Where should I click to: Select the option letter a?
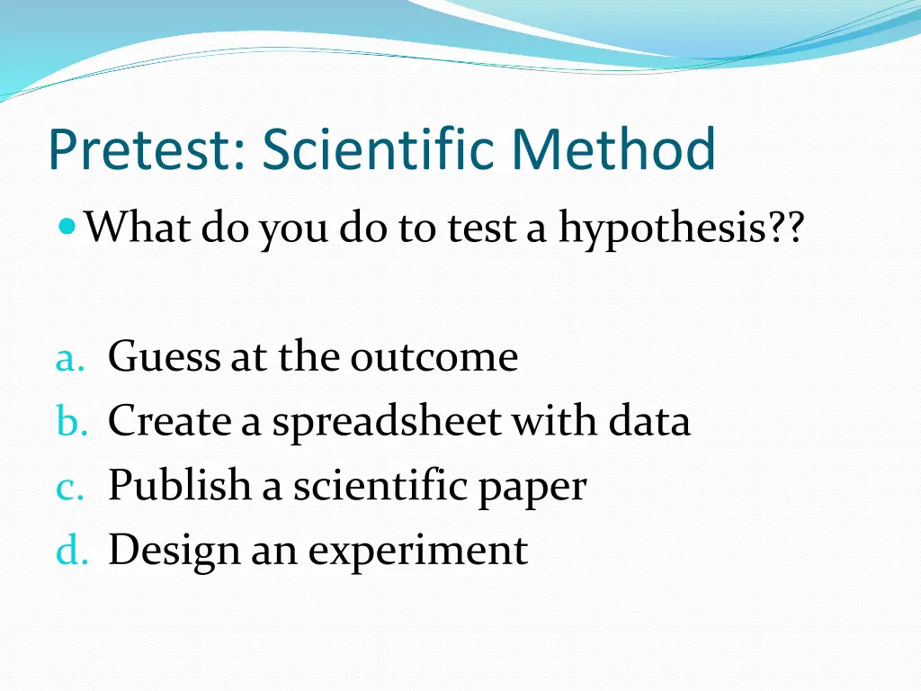[x=68, y=359]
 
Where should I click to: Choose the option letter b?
[x=69, y=421]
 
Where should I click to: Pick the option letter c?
[x=68, y=487]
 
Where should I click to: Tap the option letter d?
[x=69, y=550]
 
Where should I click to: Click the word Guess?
[x=163, y=358]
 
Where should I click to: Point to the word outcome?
[x=434, y=358]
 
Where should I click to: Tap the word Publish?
[x=180, y=487]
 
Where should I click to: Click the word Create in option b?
[x=169, y=420]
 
